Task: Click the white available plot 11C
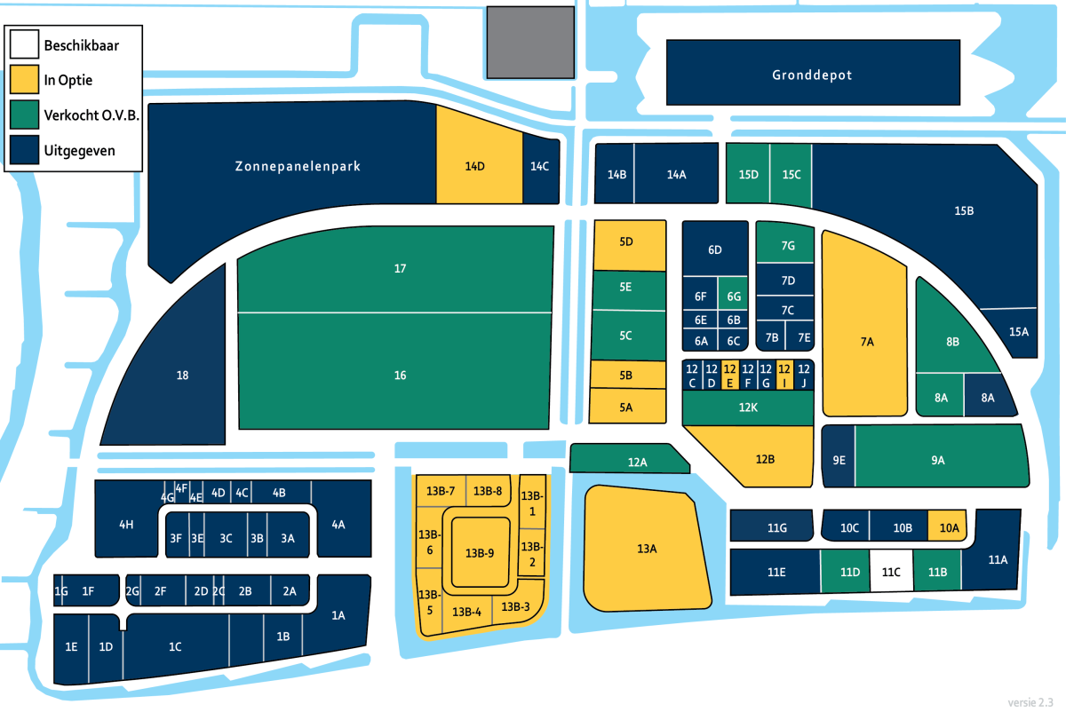click(891, 571)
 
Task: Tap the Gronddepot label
click(812, 75)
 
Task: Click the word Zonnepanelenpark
click(298, 166)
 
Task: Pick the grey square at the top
click(530, 43)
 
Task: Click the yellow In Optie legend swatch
click(24, 79)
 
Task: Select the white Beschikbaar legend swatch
click(24, 44)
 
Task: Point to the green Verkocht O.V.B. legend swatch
click(24, 115)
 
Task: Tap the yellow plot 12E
click(730, 376)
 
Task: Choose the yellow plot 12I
click(784, 376)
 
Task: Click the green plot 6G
click(733, 294)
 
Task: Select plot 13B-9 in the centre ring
click(481, 552)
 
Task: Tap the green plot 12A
click(629, 458)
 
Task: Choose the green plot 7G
click(785, 242)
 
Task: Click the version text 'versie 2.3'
click(1030, 702)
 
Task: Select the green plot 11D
click(846, 571)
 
